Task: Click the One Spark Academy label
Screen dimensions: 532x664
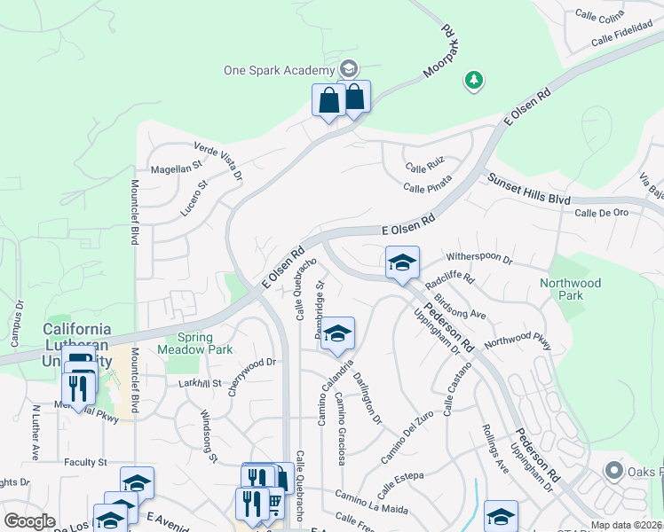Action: point(279,70)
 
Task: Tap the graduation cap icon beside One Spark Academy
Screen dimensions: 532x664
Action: point(349,69)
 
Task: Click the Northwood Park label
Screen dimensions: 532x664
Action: point(571,289)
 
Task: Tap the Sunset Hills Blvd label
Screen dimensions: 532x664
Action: point(528,190)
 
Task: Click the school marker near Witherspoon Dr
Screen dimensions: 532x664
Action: point(402,263)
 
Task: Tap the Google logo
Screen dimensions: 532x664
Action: point(29,521)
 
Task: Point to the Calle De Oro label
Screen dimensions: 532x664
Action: point(601,213)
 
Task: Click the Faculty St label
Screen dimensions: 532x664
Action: point(85,462)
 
